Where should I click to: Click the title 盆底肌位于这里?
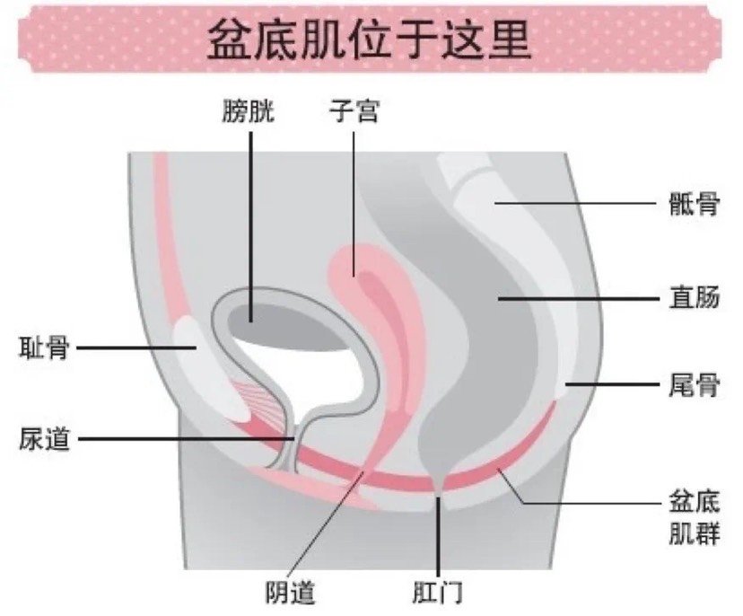(x=369, y=39)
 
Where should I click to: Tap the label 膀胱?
(x=248, y=112)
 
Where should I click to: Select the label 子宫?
(x=354, y=112)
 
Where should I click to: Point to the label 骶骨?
(x=695, y=204)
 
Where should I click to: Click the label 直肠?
(x=695, y=297)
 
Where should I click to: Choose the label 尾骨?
(x=695, y=384)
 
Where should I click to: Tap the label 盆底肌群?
(x=695, y=518)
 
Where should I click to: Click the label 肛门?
(x=437, y=592)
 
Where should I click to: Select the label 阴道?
(x=290, y=592)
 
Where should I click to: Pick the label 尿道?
(x=44, y=438)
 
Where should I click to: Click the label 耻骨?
(x=44, y=348)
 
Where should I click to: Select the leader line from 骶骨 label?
(x=576, y=203)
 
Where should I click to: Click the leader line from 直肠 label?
(x=579, y=299)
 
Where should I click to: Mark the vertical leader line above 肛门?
(x=439, y=535)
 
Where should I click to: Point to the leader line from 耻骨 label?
(x=137, y=348)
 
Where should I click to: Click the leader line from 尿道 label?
(x=187, y=438)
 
